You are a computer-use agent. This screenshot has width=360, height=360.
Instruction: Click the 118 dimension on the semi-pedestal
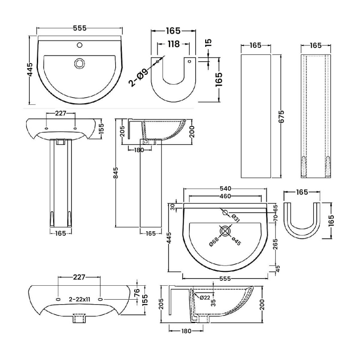(173, 44)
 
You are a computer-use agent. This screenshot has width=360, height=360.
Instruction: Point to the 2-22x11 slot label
(80, 299)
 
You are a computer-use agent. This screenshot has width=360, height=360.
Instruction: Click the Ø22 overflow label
(205, 297)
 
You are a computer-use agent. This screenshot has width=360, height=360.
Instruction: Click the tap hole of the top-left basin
(80, 45)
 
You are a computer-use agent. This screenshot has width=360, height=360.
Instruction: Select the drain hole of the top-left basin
(80, 63)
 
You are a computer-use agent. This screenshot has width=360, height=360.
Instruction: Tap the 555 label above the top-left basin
(79, 28)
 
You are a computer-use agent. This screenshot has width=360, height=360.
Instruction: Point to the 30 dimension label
(171, 207)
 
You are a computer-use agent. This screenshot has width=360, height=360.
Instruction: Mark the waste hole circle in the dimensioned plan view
(225, 231)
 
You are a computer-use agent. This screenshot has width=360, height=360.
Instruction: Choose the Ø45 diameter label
(236, 242)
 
